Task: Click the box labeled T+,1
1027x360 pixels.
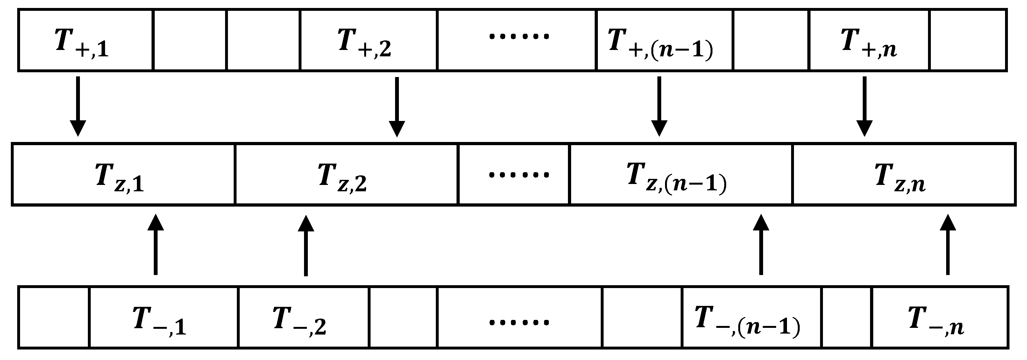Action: click(x=85, y=41)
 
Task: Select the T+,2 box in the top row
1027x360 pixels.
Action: click(x=368, y=41)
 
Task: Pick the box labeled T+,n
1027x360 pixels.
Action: click(x=869, y=41)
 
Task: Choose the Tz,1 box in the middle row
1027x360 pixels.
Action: click(x=123, y=175)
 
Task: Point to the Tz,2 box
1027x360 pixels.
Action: click(x=346, y=175)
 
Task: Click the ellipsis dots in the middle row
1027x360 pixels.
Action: click(x=519, y=175)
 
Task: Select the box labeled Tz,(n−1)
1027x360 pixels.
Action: click(x=681, y=175)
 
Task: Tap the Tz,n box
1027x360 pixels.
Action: click(x=903, y=175)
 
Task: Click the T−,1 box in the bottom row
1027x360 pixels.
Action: click(x=163, y=318)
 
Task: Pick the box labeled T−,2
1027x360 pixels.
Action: click(x=303, y=318)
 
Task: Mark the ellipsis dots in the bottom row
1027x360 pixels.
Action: click(x=519, y=321)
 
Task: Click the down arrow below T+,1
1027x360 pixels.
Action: click(x=78, y=106)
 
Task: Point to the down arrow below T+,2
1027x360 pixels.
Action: click(x=397, y=106)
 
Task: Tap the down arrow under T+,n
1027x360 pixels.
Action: click(x=864, y=106)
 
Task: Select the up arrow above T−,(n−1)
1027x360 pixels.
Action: click(x=761, y=244)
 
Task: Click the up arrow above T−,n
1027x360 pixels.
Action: click(x=948, y=244)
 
